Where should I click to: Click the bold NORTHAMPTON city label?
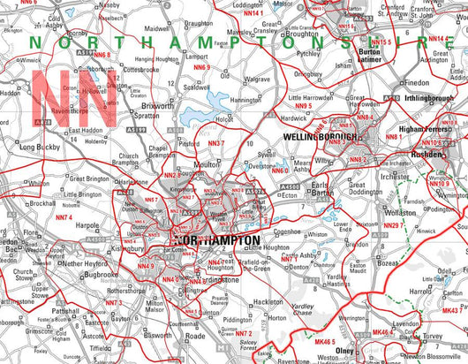pos(217,240)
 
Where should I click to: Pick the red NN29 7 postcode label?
pos(393,225)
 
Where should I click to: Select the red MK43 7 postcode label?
pos(452,311)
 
